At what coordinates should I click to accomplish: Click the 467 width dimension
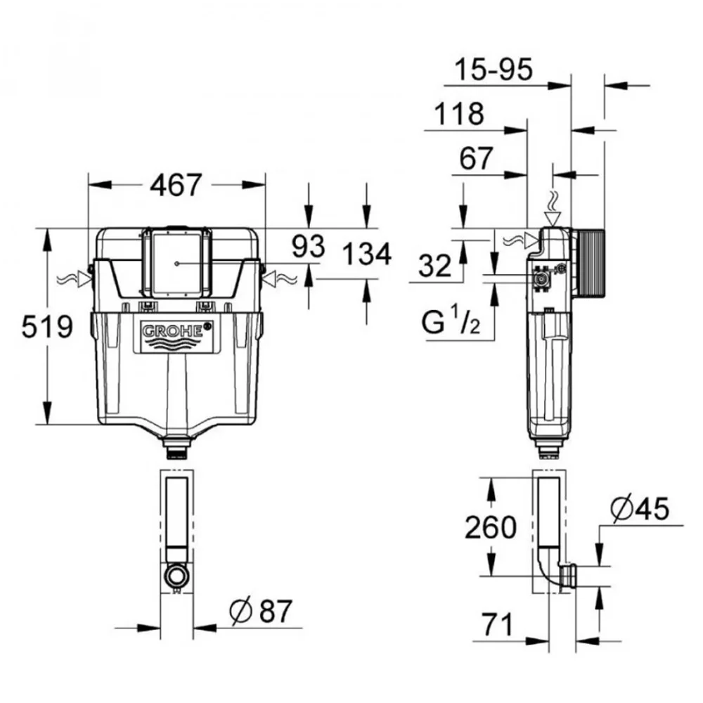point(176,185)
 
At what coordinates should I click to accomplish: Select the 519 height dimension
point(47,326)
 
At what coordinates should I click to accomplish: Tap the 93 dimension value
point(308,246)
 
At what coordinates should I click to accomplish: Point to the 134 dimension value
point(367,254)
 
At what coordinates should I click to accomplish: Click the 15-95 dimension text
point(494,70)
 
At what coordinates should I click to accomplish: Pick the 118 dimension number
point(460,114)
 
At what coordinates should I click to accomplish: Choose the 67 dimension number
point(476,158)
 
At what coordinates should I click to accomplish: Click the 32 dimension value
point(435,266)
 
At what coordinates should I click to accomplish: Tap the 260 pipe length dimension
point(491,527)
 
